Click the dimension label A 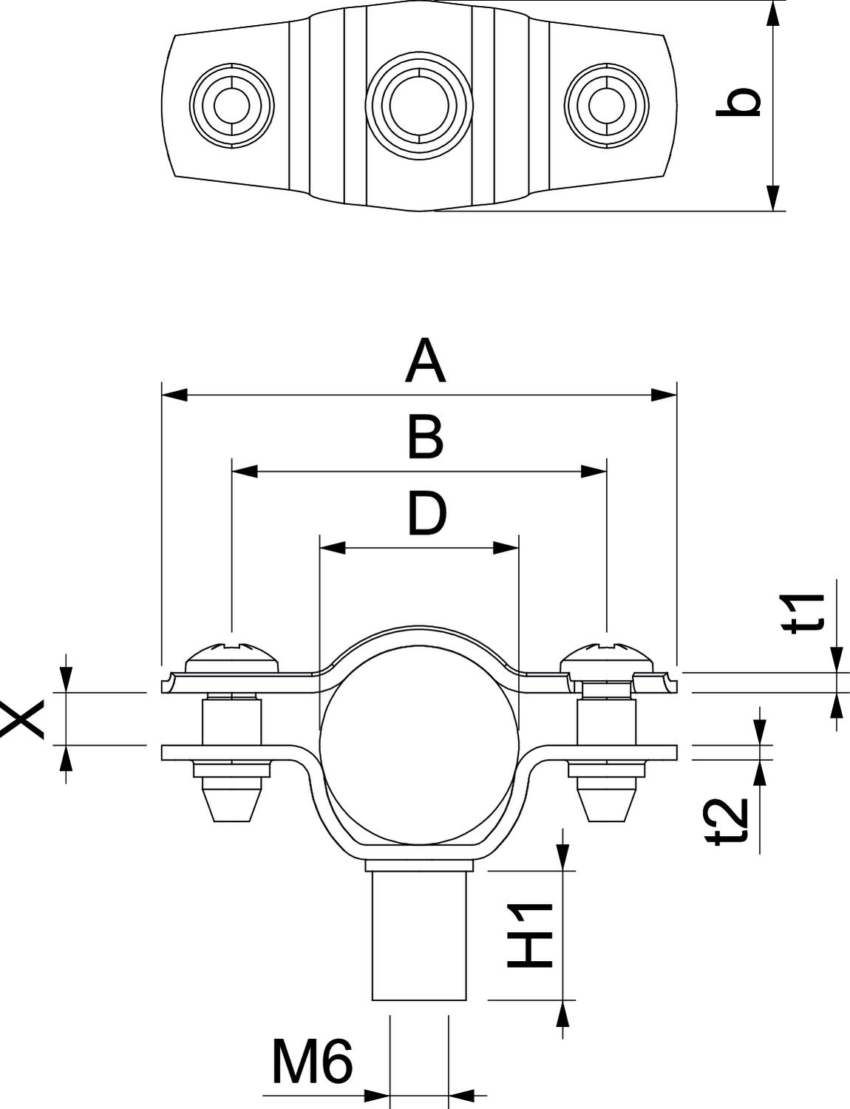tap(425, 362)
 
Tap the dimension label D tap(427, 514)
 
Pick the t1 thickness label tap(803, 613)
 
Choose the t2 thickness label tap(730, 821)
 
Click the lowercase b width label tap(738, 102)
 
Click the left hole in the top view tap(231, 106)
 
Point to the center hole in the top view tap(419, 106)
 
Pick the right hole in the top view tap(607, 106)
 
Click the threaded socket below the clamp tap(419, 936)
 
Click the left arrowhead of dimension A tap(174, 395)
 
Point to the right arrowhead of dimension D tap(506, 549)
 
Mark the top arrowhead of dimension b tap(774, 14)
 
